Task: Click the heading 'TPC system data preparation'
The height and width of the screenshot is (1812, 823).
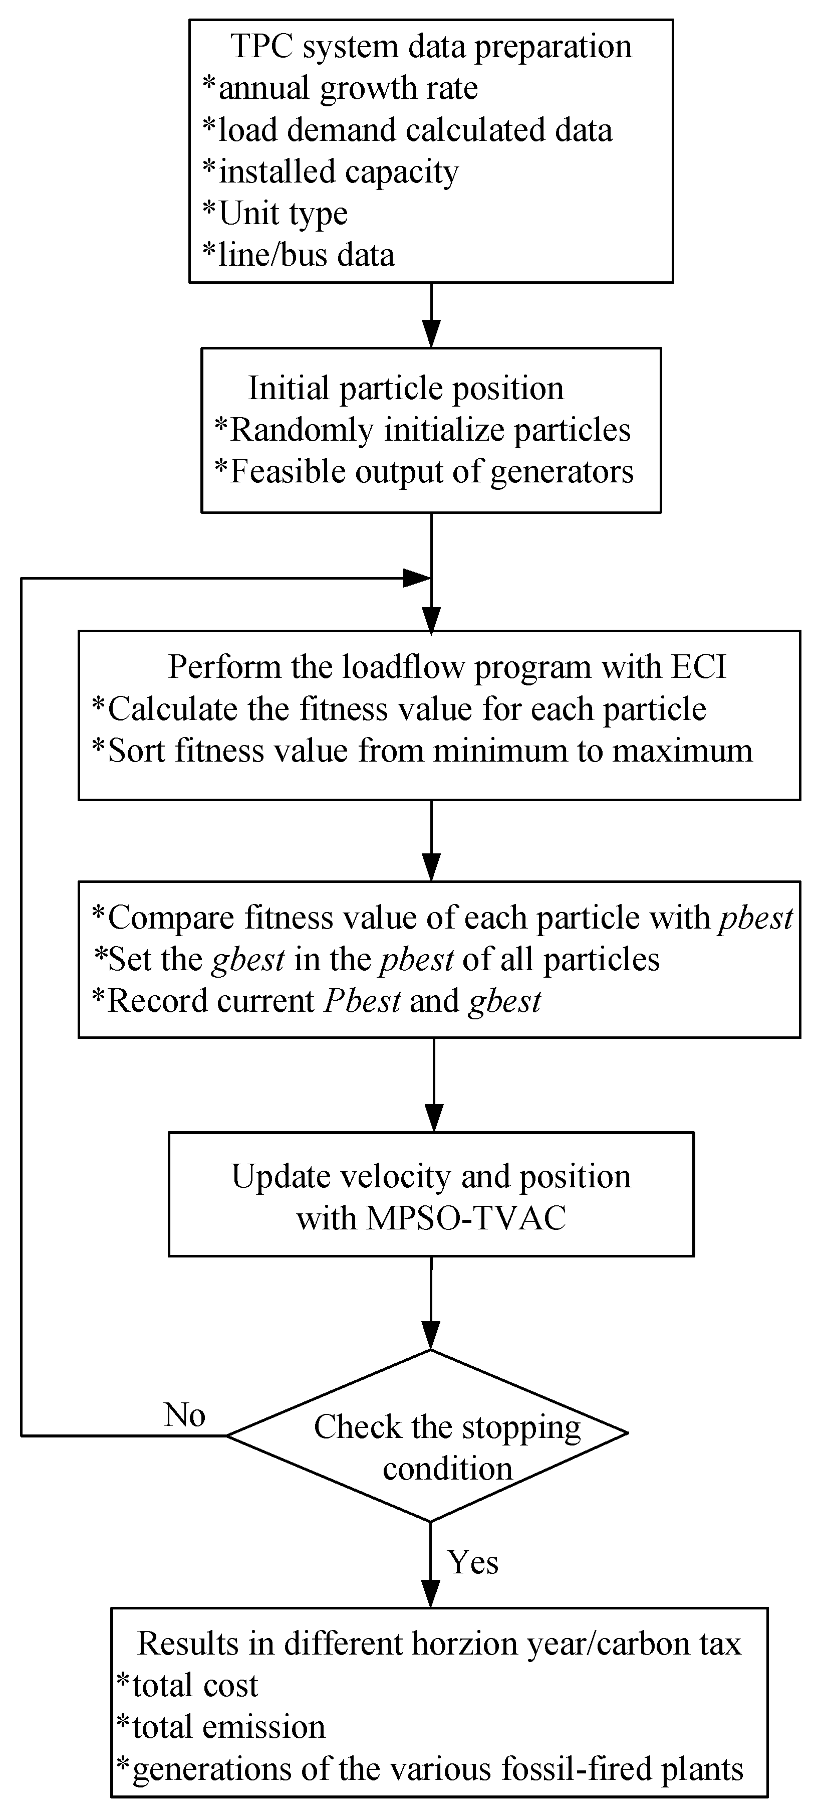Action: click(x=431, y=47)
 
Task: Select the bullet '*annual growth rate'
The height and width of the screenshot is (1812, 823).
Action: click(x=340, y=89)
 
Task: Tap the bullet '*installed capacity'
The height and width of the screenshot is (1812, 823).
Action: click(x=330, y=171)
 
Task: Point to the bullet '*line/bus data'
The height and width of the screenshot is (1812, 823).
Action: click(x=299, y=255)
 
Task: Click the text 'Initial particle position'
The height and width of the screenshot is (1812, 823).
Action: click(x=406, y=388)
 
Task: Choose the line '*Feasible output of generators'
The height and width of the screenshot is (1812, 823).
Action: click(x=424, y=471)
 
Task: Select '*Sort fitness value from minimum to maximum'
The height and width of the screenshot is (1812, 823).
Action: click(x=422, y=751)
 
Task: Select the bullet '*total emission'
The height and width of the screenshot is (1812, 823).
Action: click(x=221, y=1728)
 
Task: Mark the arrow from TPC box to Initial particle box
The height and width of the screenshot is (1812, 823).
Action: click(x=431, y=316)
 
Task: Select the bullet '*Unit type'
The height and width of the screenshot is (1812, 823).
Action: click(x=276, y=213)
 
